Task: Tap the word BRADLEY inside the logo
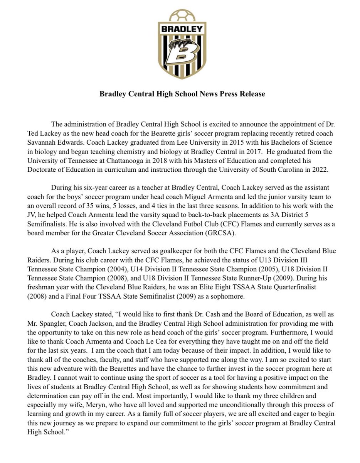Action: point(182,29)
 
